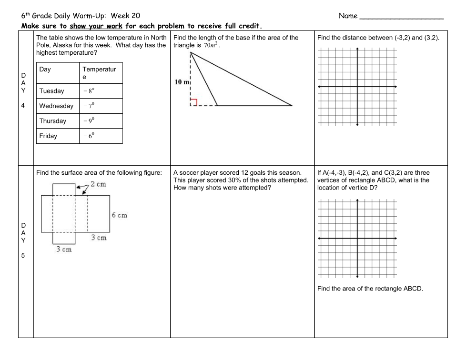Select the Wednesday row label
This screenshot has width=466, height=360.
click(x=56, y=106)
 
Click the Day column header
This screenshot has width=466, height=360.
click(x=45, y=70)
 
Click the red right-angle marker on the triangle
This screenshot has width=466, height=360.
click(x=193, y=102)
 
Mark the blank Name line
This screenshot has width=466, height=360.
click(x=402, y=17)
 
